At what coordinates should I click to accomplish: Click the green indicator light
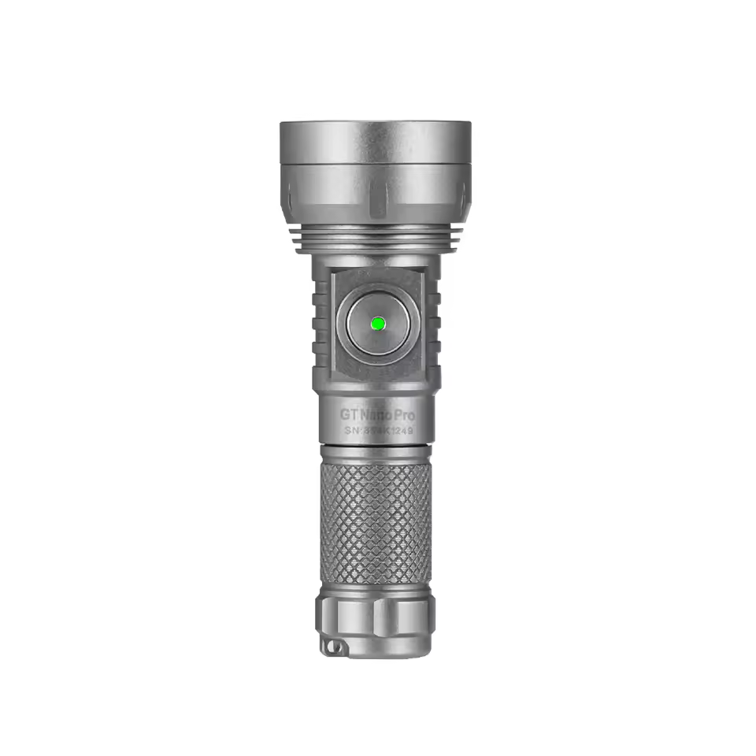coord(376,323)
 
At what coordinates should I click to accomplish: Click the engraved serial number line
coord(378,431)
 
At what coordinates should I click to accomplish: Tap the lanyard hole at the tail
coord(333,647)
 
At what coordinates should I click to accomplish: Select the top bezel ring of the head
coord(376,142)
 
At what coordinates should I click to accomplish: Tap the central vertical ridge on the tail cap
coord(376,618)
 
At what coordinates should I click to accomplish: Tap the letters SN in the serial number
coord(352,431)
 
